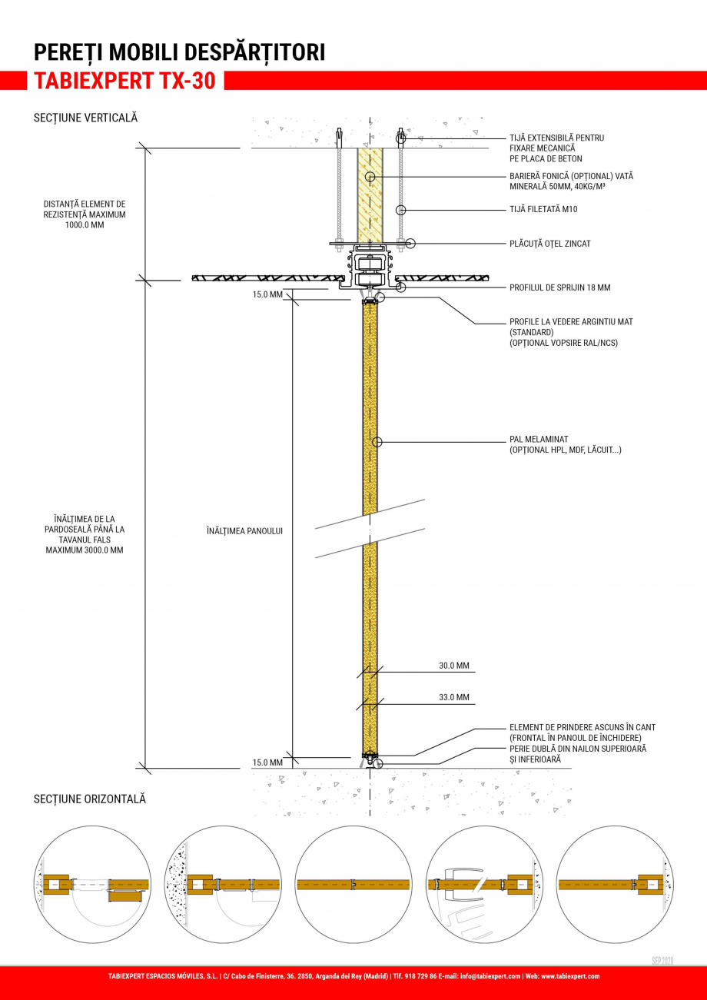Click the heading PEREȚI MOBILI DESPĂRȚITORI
coord(179,52)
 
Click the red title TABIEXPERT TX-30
coord(124,81)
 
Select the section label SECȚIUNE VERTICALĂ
coord(85,118)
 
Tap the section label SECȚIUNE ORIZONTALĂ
coord(89,799)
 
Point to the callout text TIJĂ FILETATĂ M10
coord(543,209)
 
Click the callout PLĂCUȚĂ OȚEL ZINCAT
coord(549,244)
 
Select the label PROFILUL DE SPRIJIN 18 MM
coord(559,287)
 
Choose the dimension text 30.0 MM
coord(453,666)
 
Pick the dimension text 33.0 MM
coord(453,698)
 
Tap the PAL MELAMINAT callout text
coord(539,440)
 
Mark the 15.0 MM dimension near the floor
coord(267,762)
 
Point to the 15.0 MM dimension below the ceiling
coord(267,294)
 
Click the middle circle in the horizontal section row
coord(353,884)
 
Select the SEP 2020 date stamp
coord(662,961)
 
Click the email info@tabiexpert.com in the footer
coord(490,976)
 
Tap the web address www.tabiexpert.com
coord(570,976)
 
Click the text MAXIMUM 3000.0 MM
coord(85,550)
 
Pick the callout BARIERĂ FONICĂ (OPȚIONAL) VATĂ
coord(571,176)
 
